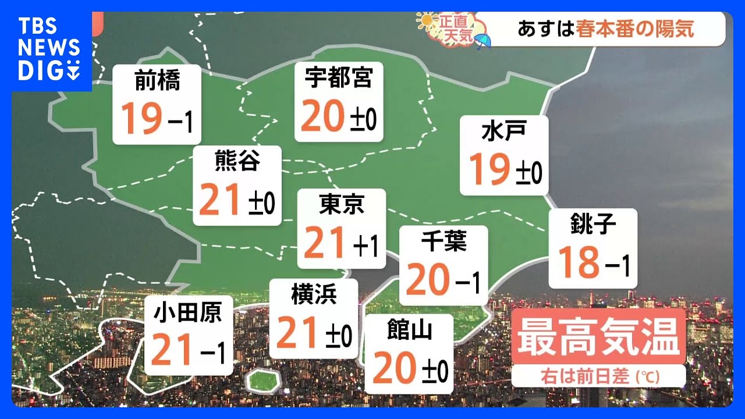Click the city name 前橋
click(157, 81)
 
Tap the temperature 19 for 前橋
click(141, 118)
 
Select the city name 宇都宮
click(338, 77)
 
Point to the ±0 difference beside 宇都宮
click(363, 119)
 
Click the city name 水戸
click(503, 132)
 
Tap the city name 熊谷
click(237, 161)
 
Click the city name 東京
click(342, 204)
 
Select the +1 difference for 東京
click(366, 247)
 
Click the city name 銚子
click(593, 223)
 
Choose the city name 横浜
click(314, 294)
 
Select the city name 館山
click(409, 331)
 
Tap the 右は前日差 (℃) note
click(598, 376)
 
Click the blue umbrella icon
click(483, 41)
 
